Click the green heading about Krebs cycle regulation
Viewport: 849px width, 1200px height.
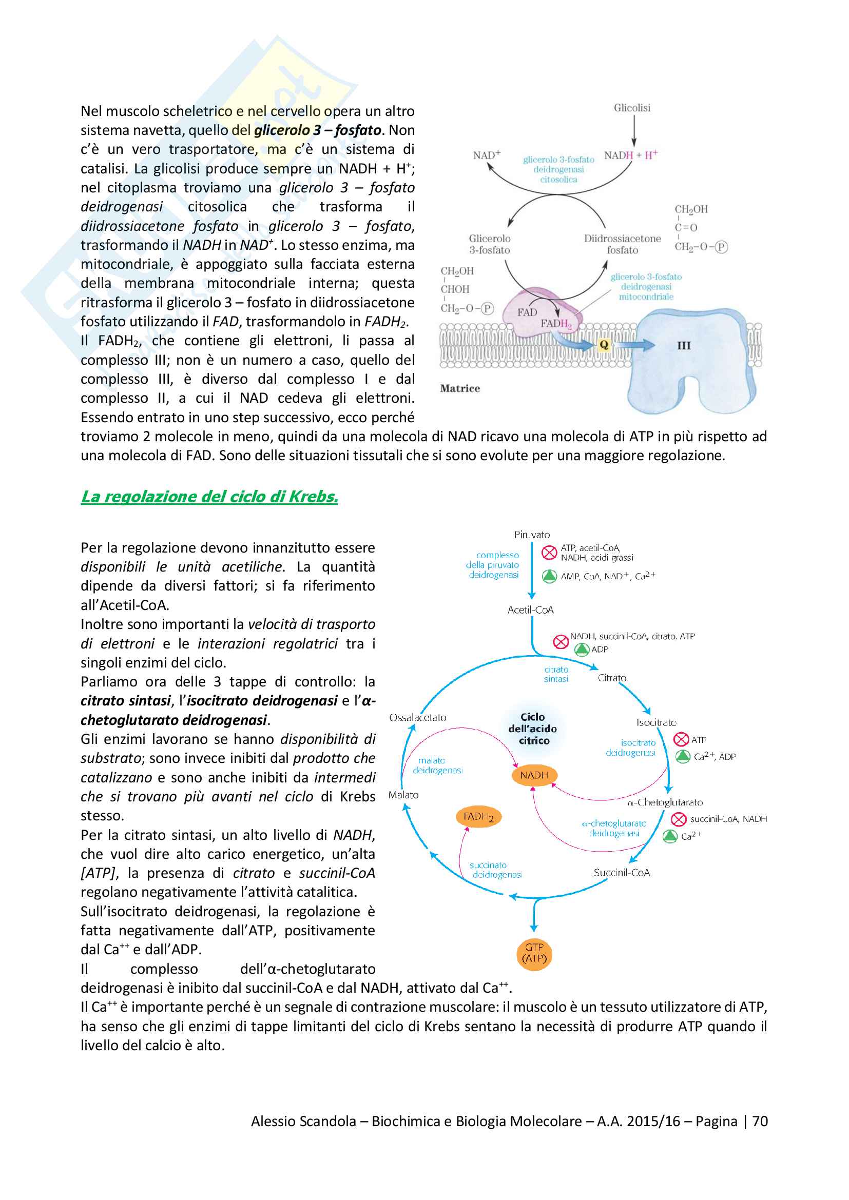pos(209,497)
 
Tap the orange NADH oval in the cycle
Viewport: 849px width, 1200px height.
pos(534,775)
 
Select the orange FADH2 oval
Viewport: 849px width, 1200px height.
pos(478,817)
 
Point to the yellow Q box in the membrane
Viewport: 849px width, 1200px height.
pos(604,344)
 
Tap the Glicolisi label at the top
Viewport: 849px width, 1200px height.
pos(632,108)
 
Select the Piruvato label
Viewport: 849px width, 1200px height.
pos(532,535)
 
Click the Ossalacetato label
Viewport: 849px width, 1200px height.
pos(418,718)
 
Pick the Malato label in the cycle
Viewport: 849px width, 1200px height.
pos(403,795)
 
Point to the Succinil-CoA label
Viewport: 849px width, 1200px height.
pos(622,873)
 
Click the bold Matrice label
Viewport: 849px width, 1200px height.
pos(459,388)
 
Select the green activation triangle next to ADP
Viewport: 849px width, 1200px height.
pos(582,650)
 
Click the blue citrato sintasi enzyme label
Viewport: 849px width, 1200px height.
pos(556,674)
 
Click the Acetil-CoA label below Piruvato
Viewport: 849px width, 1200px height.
pos(530,610)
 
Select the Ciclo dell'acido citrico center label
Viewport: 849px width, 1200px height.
pos(533,729)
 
